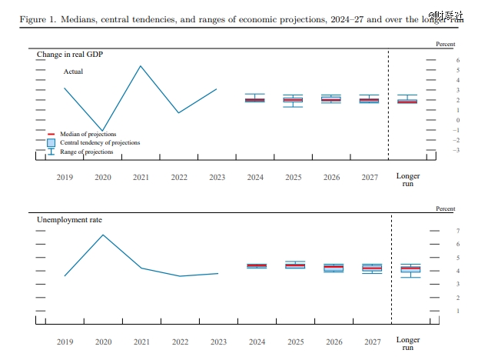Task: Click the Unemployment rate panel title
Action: tap(69, 219)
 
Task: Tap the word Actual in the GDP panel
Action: tap(73, 72)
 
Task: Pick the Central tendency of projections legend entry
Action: tap(100, 143)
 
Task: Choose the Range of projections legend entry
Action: tap(86, 152)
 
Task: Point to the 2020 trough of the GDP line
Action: tap(102, 131)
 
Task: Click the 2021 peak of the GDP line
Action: tap(141, 65)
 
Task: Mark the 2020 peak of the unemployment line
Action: tap(103, 235)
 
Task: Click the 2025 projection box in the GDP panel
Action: tap(293, 99)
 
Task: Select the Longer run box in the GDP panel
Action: tap(407, 100)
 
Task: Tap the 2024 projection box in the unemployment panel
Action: tap(256, 265)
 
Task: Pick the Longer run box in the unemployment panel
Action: tap(411, 268)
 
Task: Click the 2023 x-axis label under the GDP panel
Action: tap(217, 177)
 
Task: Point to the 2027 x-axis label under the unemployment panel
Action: tap(371, 341)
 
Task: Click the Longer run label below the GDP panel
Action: tap(408, 180)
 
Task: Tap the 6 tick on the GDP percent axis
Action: tap(457, 60)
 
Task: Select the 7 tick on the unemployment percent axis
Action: tap(457, 231)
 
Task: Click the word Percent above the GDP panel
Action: tap(446, 45)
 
